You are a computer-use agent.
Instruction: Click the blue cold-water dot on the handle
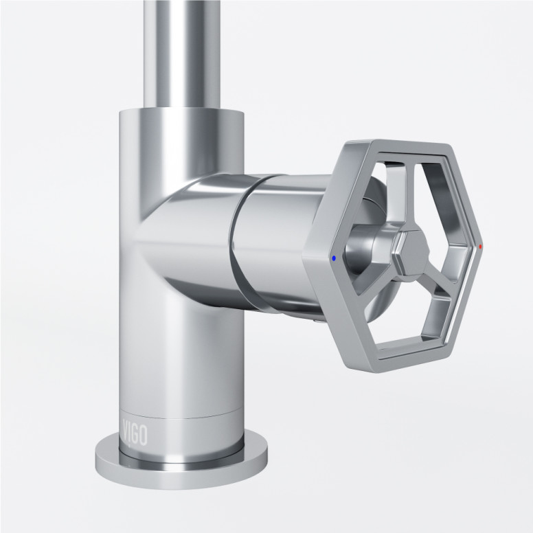334,259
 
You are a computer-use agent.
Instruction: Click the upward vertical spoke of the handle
399,199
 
